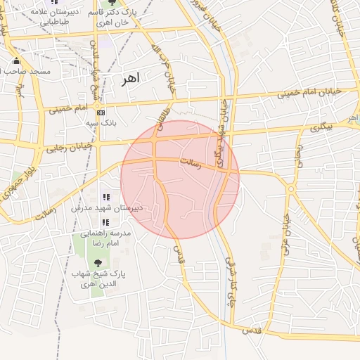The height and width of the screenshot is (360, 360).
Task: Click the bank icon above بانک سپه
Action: pyautogui.click(x=101, y=112)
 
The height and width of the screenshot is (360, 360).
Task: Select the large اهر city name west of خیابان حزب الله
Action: pyautogui.click(x=130, y=77)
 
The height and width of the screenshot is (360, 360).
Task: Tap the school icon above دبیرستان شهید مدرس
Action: pyautogui.click(x=105, y=198)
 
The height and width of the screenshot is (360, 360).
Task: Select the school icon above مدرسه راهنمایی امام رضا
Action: pyautogui.click(x=105, y=222)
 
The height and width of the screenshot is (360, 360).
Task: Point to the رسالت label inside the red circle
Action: pyautogui.click(x=191, y=163)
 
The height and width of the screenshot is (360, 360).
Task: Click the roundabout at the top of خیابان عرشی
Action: pyautogui.click(x=290, y=188)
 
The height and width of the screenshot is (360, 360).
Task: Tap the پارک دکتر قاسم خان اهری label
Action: pyautogui.click(x=110, y=18)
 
